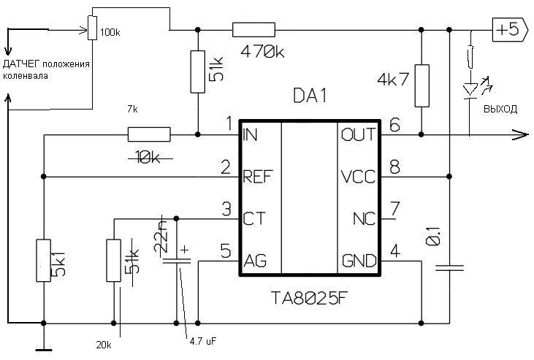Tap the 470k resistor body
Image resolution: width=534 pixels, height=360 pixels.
coord(253,30)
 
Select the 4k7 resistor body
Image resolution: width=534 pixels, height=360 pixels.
coord(422,86)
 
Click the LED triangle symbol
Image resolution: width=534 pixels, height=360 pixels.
coord(470,90)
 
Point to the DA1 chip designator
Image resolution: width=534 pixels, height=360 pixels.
coord(310,96)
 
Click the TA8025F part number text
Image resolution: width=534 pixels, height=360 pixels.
coord(310,299)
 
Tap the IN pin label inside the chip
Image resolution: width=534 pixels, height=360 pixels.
coord(250,135)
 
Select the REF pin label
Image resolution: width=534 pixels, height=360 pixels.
coord(258,177)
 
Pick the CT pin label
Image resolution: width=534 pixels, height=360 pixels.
coord(253,218)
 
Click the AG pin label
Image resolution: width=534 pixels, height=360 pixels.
coord(255,261)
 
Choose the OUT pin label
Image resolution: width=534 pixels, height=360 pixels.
coord(359,134)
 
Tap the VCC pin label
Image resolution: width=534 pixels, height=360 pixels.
coord(358,177)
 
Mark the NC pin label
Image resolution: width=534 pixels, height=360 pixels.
coord(365,218)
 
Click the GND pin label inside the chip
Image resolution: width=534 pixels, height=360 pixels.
coord(359,261)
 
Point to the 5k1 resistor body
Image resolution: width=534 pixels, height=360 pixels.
coord(44,261)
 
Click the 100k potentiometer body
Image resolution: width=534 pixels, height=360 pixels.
coord(92,28)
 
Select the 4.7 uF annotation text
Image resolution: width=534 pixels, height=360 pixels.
coord(203,341)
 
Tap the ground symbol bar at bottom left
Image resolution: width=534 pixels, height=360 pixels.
coord(44,350)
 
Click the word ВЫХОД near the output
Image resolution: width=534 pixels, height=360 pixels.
coord(500,109)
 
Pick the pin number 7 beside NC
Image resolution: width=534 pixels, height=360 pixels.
coord(394,208)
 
